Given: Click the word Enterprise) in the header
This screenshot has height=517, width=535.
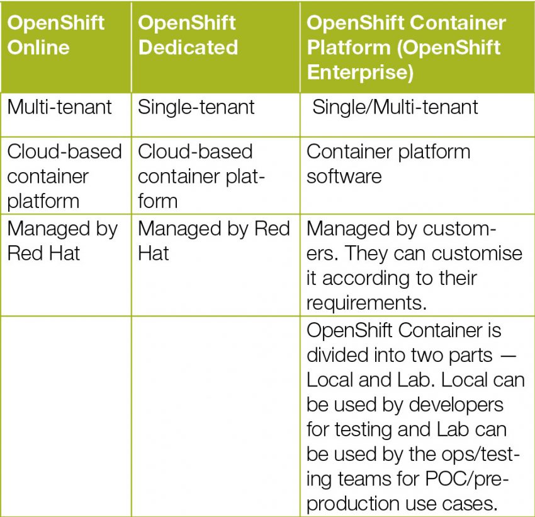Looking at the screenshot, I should pyautogui.click(x=360, y=72).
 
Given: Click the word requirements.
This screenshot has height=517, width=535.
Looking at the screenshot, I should pyautogui.click(x=364, y=303).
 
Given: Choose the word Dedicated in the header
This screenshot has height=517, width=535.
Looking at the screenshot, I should pyautogui.click(x=188, y=47).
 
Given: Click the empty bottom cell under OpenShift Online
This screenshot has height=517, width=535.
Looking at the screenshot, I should pyautogui.click(x=65, y=416).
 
